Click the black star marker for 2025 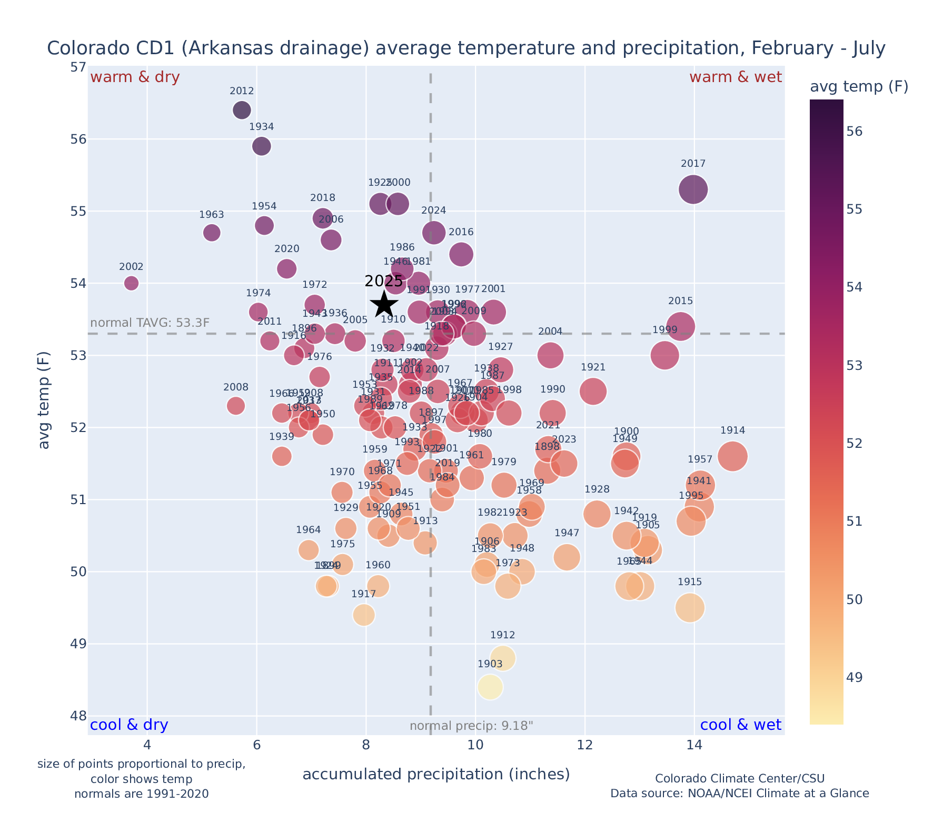coord(384,304)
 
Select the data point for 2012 coord(242,110)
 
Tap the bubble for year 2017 coord(693,189)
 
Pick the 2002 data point coord(132,283)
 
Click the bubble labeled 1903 coord(490,687)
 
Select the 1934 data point coord(261,146)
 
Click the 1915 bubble coord(690,608)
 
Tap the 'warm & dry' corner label coord(135,77)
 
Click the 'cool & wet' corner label coord(740,725)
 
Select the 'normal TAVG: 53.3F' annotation coord(150,323)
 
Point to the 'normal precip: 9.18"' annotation coord(471,726)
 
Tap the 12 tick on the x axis coord(584,746)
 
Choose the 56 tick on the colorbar coord(855,132)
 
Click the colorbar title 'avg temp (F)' coord(859,87)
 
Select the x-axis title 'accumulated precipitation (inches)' coord(436,774)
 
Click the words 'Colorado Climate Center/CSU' coord(739,779)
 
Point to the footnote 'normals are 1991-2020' coord(141,794)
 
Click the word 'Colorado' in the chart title coord(83,48)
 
